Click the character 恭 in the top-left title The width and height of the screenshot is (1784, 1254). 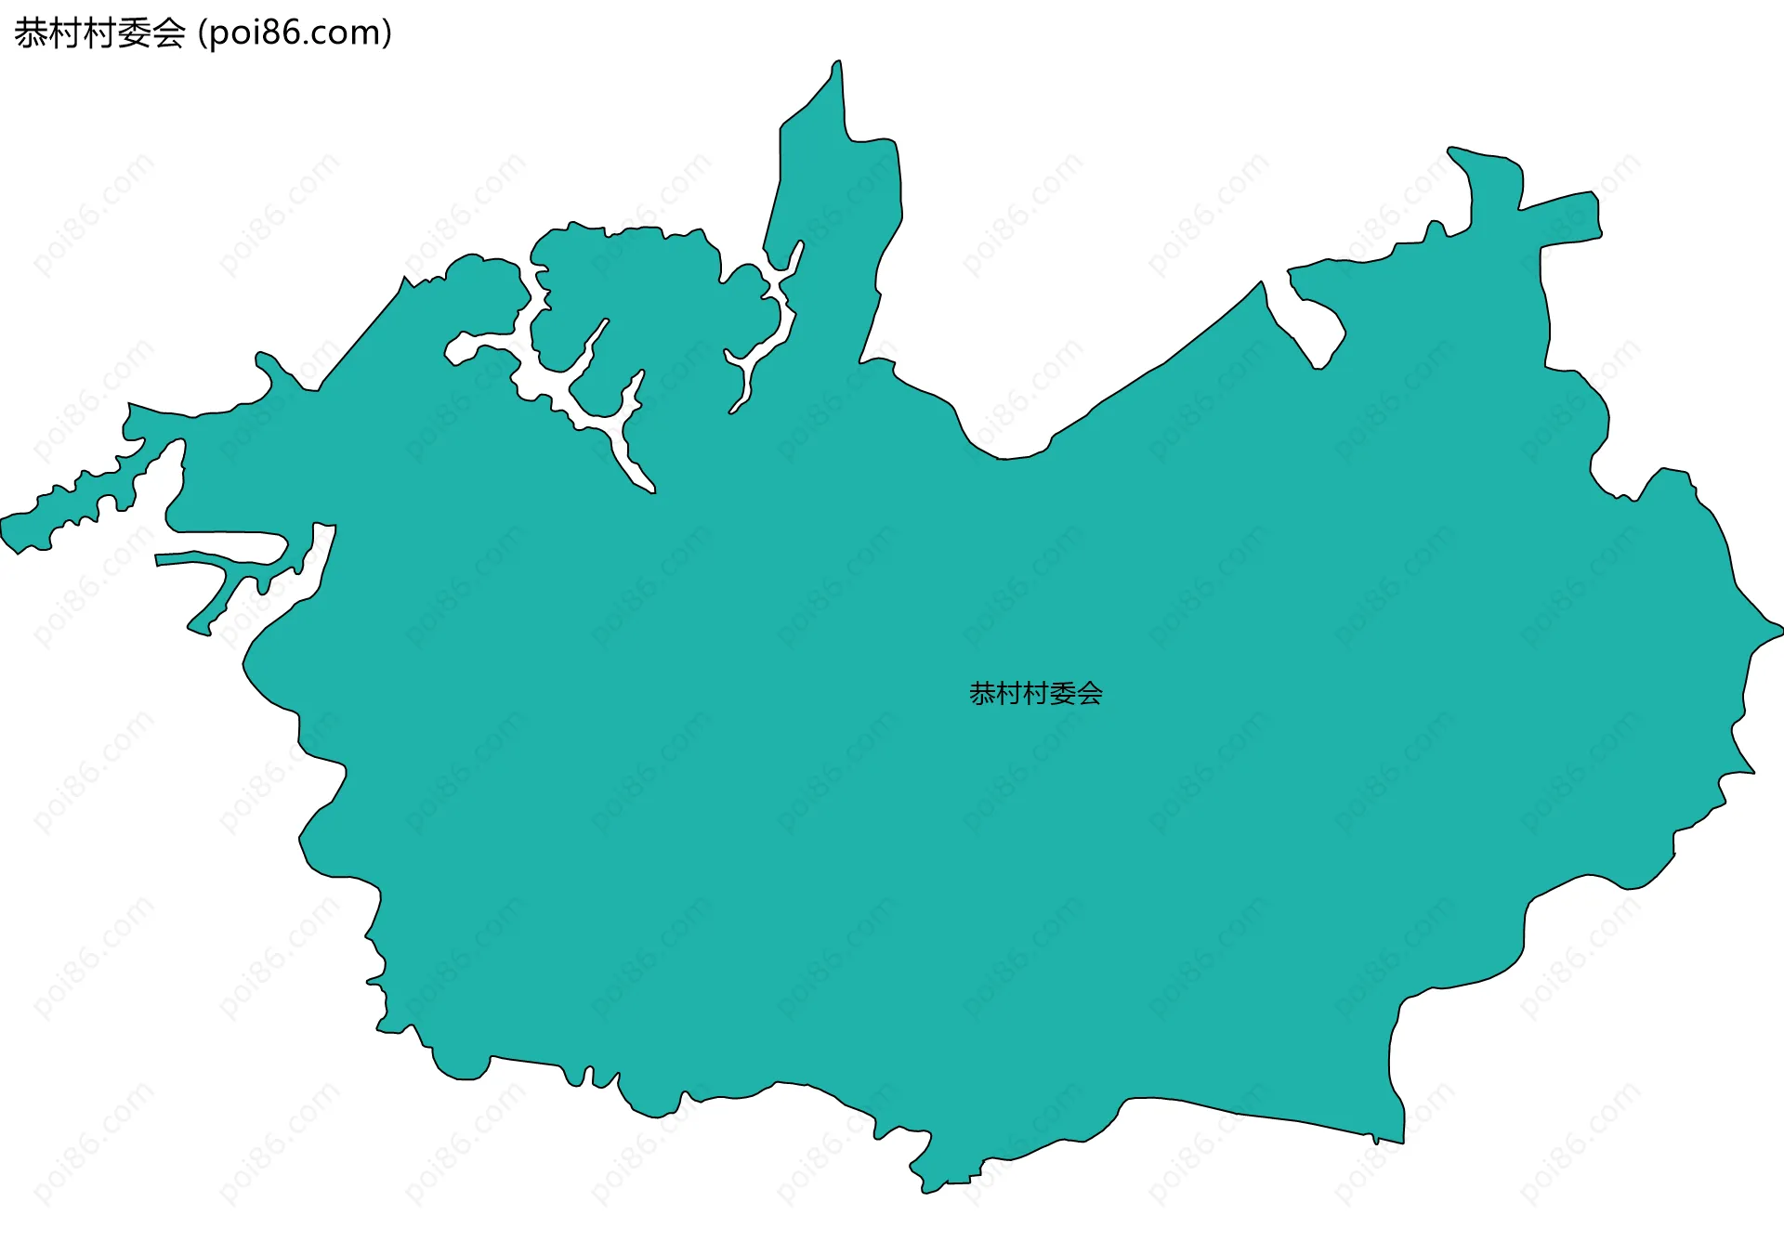31,33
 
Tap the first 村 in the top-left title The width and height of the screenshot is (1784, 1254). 65,33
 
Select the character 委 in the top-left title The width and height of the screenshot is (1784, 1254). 135,33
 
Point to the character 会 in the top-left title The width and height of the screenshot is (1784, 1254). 169,33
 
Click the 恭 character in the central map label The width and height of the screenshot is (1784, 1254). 982,694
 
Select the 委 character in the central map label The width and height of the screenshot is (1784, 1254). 1063,694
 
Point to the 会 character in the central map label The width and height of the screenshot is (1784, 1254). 1090,694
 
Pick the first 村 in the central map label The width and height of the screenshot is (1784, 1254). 1009,694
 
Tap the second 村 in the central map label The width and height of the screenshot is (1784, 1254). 1036,694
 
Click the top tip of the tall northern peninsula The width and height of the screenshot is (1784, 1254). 837,64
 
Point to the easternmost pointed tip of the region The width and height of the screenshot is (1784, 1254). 1779,630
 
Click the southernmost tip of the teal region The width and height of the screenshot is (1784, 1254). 926,1191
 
